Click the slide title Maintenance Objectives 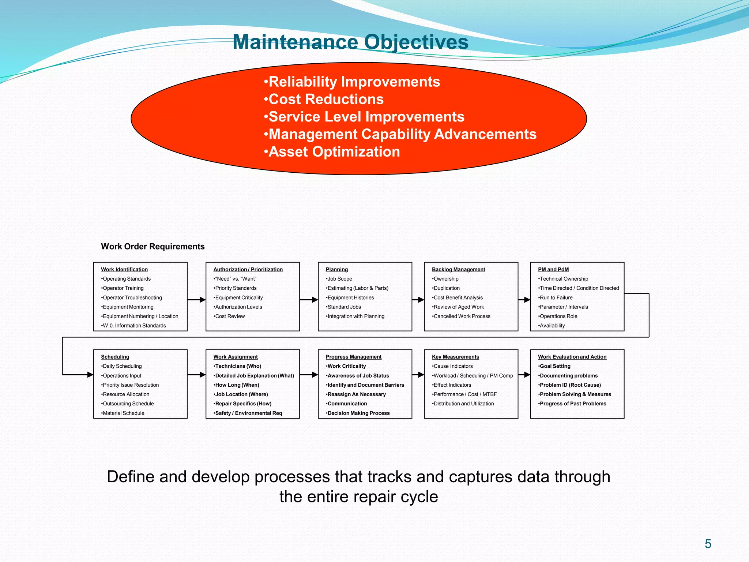pyautogui.click(x=350, y=42)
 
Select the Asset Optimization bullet pyautogui.click(x=332, y=151)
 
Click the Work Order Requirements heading pyautogui.click(x=153, y=246)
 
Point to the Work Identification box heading pyautogui.click(x=124, y=269)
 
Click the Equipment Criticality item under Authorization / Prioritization pyautogui.click(x=238, y=297)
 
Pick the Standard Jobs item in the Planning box pyautogui.click(x=344, y=307)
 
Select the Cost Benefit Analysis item pyautogui.click(x=458, y=297)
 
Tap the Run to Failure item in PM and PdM pyautogui.click(x=556, y=297)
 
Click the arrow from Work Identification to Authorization pyautogui.click(x=196, y=300)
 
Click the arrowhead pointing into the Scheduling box pyautogui.click(x=90, y=374)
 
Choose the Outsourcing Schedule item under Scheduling pyautogui.click(x=128, y=404)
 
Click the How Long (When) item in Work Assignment pyautogui.click(x=237, y=385)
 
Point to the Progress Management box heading pyautogui.click(x=353, y=357)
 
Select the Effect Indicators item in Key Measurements pyautogui.click(x=452, y=385)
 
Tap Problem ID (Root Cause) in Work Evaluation pyautogui.click(x=570, y=385)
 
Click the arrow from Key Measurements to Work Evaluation pyautogui.click(x=524, y=374)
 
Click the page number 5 pyautogui.click(x=708, y=544)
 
